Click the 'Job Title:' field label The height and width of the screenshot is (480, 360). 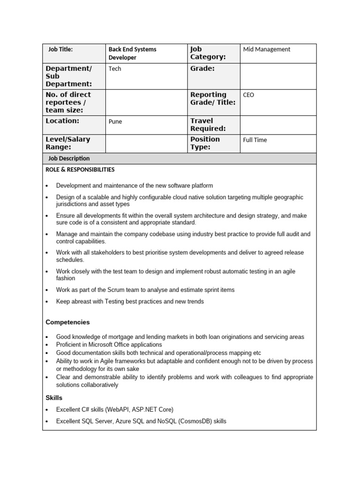(x=60, y=49)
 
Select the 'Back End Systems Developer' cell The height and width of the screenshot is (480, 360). (x=132, y=53)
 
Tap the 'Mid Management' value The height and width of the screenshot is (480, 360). (x=266, y=49)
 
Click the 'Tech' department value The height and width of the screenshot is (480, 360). (x=115, y=69)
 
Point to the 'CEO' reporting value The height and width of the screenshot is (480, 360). (x=248, y=95)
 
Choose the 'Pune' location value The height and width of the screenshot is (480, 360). (x=115, y=121)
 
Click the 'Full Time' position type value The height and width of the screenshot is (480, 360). (x=255, y=140)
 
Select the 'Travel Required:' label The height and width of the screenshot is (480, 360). (x=208, y=125)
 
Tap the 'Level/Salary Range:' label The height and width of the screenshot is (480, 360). (x=67, y=143)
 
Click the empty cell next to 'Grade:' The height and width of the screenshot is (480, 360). (x=278, y=76)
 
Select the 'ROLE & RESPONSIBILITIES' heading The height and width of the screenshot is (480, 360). (x=80, y=170)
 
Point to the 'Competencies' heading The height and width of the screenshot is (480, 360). (x=67, y=322)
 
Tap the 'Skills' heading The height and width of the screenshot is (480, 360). (x=54, y=397)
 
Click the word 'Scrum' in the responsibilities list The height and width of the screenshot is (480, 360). (x=110, y=290)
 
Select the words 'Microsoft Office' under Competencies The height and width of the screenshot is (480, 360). (x=106, y=345)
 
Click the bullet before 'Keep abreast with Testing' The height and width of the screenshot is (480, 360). (x=47, y=302)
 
